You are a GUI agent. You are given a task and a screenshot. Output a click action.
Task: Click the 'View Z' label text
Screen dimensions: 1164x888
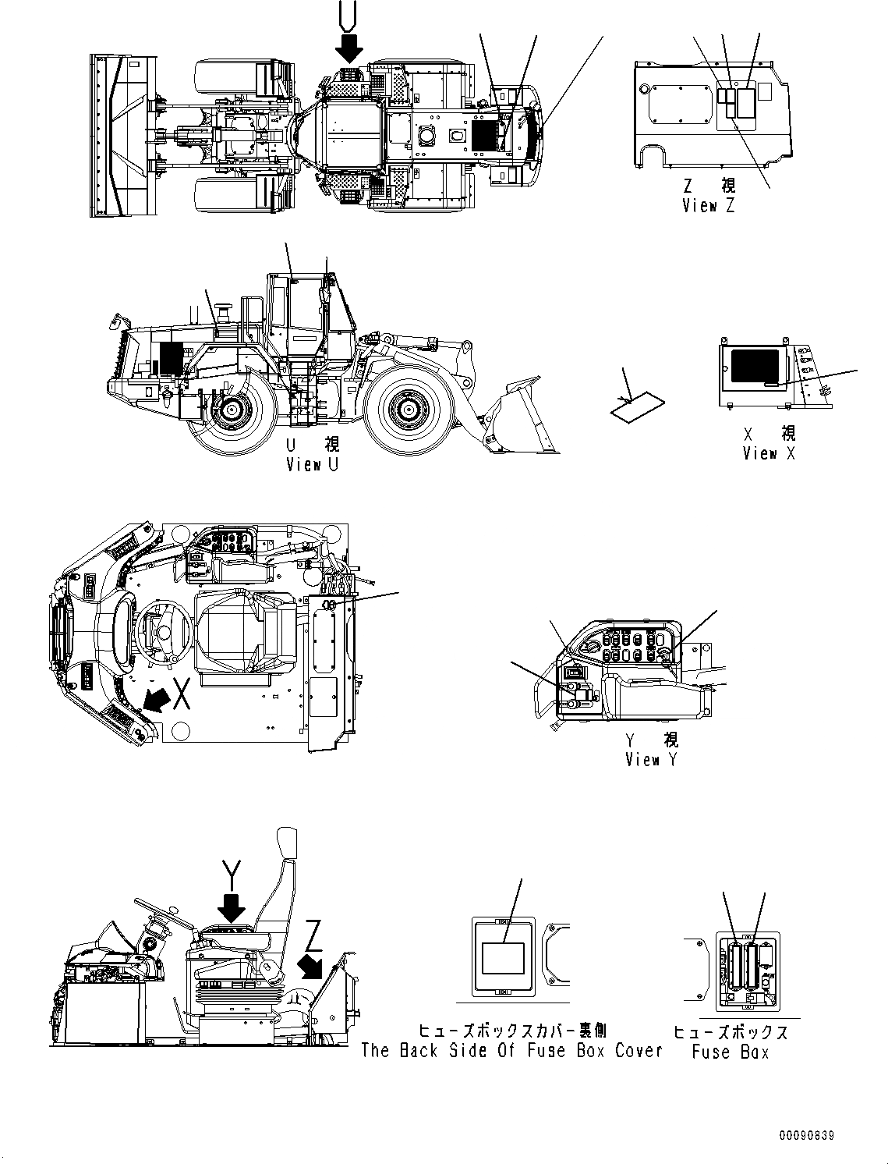[708, 206]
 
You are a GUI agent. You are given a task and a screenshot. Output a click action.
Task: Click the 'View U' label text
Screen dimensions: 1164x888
[312, 465]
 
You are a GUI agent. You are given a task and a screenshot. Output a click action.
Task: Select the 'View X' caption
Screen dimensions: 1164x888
[769, 453]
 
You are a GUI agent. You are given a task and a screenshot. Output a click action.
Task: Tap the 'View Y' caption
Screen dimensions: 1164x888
[651, 759]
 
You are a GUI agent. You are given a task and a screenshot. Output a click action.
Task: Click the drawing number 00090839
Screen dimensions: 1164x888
[805, 1135]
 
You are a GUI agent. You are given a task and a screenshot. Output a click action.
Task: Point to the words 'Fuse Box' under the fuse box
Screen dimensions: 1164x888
[730, 1052]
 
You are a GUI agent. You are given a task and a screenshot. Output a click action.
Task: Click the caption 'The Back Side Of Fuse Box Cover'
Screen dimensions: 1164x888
[511, 1050]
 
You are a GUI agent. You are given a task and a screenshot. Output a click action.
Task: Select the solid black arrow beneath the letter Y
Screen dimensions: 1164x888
[232, 907]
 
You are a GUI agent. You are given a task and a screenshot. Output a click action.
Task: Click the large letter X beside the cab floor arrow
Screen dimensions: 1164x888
[182, 694]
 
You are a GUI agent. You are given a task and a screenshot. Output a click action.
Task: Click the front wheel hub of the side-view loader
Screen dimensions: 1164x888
[408, 407]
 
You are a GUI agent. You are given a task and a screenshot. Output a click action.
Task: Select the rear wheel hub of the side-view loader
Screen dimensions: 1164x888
[231, 407]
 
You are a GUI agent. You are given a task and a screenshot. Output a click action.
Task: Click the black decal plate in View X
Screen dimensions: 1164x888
[752, 367]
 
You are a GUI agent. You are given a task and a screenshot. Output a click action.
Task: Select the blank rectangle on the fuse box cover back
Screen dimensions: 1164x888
[502, 957]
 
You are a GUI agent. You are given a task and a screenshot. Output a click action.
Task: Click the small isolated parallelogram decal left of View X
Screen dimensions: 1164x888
[636, 407]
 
